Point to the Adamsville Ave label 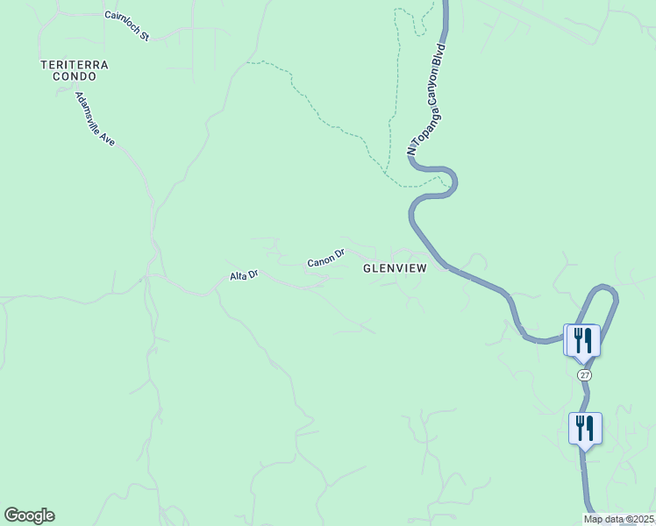click(95, 119)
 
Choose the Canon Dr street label click(325, 259)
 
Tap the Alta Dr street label click(244, 275)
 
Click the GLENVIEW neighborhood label click(395, 269)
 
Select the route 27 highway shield click(585, 374)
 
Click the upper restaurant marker click(582, 338)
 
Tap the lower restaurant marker click(585, 428)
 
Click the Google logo click(29, 515)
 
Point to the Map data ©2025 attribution click(619, 519)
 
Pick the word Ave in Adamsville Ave click(107, 137)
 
